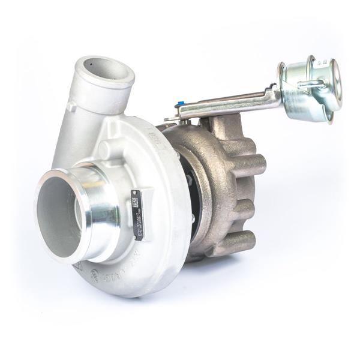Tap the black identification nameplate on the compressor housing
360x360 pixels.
click(137, 206)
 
